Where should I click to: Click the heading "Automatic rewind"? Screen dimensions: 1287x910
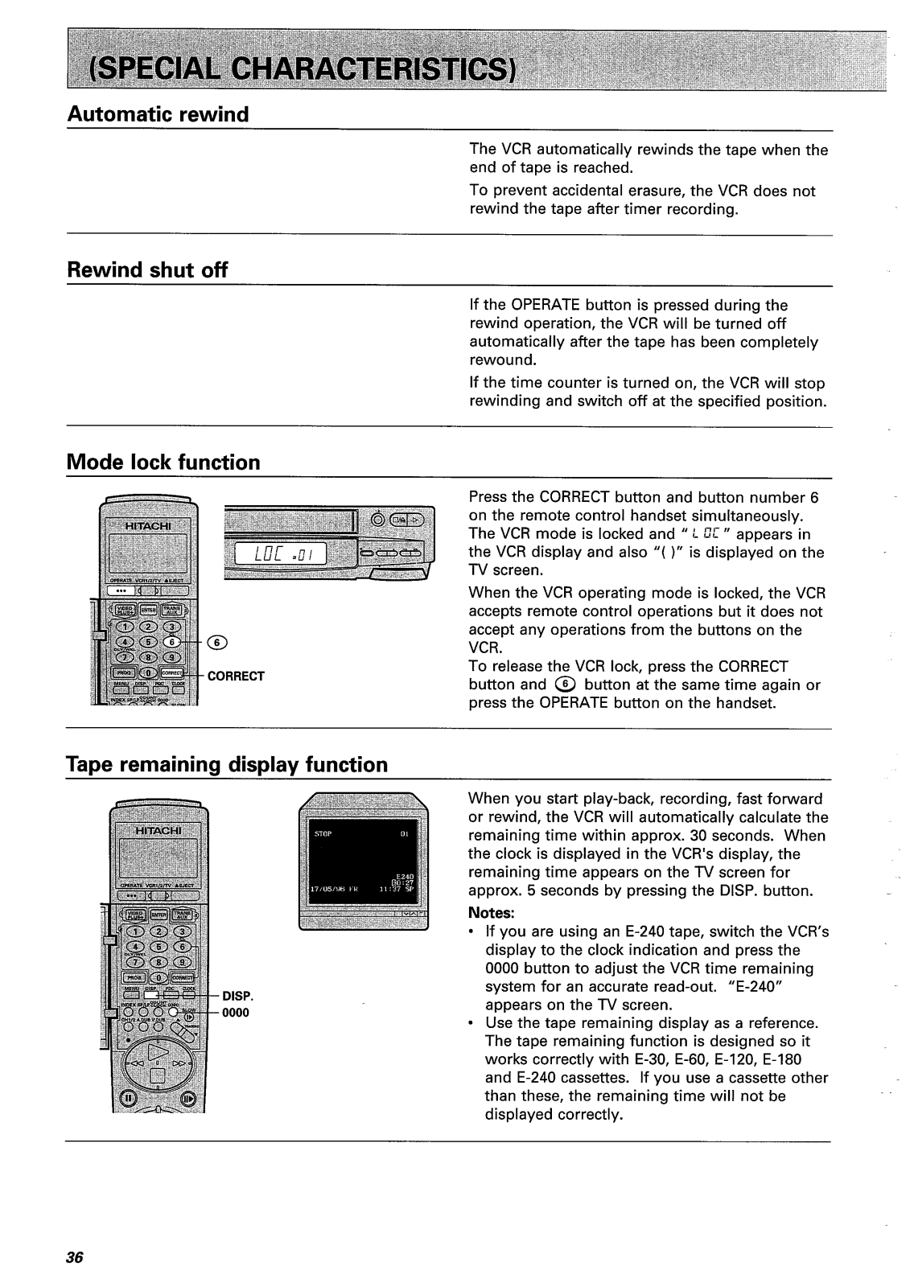click(x=158, y=114)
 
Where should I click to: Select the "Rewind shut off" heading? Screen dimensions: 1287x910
click(x=146, y=270)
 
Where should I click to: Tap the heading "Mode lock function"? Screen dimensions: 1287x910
click(x=163, y=463)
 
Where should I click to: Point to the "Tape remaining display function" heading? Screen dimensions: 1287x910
click(x=226, y=764)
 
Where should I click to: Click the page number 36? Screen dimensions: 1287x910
click(x=76, y=1258)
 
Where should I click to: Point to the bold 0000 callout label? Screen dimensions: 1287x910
click(x=236, y=1013)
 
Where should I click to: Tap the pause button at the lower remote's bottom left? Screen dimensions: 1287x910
click(x=126, y=1098)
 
